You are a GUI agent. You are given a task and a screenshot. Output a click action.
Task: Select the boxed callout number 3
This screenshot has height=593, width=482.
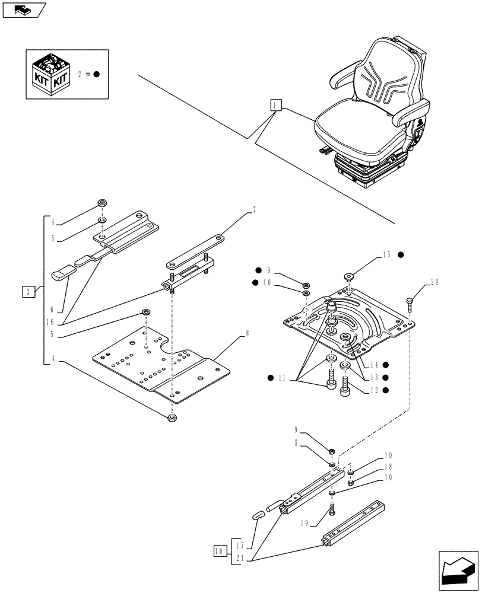pos(28,291)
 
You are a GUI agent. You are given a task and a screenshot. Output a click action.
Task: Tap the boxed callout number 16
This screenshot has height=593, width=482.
pos(218,551)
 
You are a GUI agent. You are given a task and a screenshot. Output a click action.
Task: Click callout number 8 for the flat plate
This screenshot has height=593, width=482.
pos(247,333)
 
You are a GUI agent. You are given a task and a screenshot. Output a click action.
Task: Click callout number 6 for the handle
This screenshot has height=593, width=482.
pos(52,310)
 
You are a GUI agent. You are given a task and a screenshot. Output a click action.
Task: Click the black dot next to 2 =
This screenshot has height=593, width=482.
pos(96,75)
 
